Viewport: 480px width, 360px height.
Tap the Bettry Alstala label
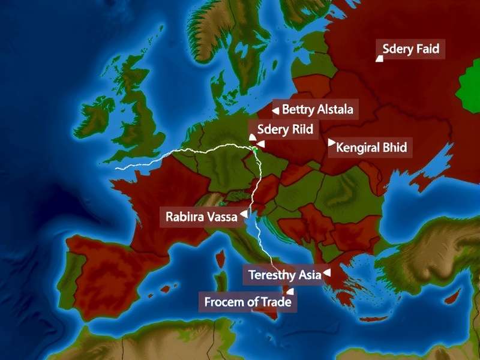[317, 110]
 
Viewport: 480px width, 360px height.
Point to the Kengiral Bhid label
[371, 146]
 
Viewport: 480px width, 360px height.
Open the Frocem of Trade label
[247, 302]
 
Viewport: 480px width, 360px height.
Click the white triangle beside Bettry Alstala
[275, 110]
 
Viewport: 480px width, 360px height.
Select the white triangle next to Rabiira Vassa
[243, 213]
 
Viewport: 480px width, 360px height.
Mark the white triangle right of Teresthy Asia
[326, 274]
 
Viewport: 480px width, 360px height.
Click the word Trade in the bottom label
[276, 302]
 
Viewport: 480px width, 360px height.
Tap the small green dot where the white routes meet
[255, 148]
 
